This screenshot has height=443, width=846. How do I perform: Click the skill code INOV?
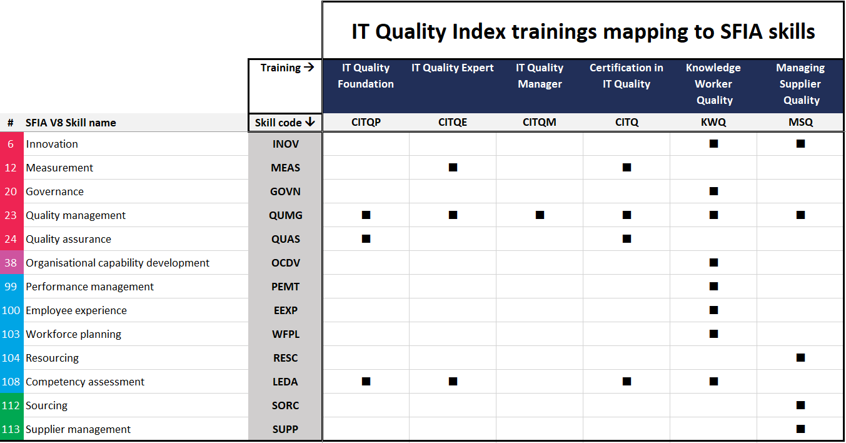[286, 144]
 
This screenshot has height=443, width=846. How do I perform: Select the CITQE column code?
[453, 122]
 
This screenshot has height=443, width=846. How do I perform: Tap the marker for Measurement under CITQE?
[453, 168]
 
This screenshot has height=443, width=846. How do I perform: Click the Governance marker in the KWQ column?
[713, 191]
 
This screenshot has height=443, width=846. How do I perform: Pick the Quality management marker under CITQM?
[540, 215]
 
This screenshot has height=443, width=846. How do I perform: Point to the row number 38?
[11, 263]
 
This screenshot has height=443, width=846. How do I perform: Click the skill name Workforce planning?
[73, 335]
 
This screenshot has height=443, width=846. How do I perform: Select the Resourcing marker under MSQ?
[800, 357]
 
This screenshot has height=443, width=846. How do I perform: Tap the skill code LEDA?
[285, 382]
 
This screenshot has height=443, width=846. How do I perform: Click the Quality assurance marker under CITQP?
[366, 239]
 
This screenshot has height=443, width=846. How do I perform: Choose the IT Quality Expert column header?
[453, 68]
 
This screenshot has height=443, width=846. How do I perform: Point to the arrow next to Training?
[309, 68]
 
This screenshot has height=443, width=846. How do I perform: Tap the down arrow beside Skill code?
[310, 122]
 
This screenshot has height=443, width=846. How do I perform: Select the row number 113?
[11, 429]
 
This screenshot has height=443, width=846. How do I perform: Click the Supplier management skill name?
[78, 429]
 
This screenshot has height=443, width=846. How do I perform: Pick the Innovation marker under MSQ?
[800, 144]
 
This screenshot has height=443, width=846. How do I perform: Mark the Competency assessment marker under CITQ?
[627, 382]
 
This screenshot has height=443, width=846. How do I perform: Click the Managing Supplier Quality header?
[800, 84]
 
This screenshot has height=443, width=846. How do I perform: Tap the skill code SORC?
[285, 405]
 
